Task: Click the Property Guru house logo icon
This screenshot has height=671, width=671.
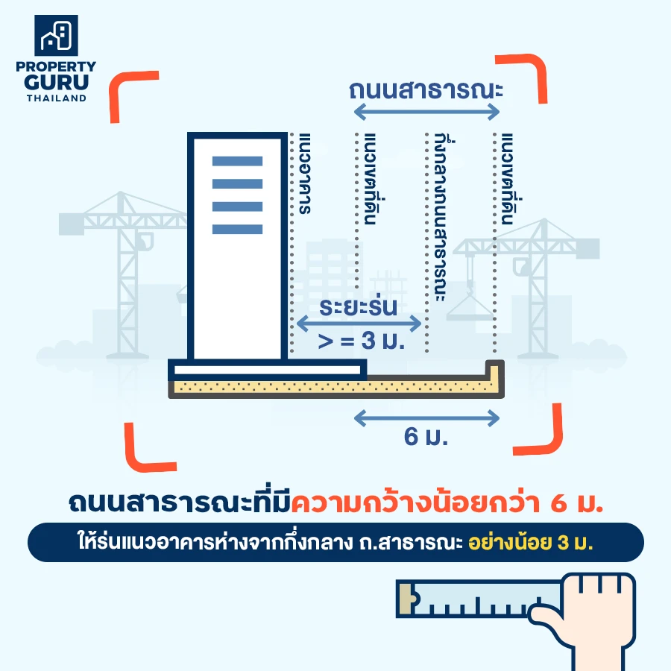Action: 56,36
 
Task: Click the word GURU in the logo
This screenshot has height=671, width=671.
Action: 56,82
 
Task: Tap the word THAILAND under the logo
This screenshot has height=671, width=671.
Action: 57,98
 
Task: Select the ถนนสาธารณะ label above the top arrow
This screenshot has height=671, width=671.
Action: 426,90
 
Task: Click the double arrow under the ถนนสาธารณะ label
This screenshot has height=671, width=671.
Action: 426,113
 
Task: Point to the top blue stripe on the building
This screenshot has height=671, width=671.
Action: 237,161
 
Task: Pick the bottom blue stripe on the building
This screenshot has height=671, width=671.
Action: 237,229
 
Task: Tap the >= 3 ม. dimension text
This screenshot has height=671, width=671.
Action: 361,341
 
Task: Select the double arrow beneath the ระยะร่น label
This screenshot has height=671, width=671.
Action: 359,324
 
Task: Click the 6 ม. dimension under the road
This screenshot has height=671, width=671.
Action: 426,436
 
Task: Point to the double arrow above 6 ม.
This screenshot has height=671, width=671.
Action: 426,418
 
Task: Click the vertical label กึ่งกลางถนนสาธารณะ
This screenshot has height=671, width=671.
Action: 441,217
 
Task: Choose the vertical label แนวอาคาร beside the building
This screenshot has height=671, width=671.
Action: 304,173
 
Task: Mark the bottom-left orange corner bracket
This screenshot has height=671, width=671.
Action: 150,447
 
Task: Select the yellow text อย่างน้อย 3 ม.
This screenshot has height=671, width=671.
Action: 531,542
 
